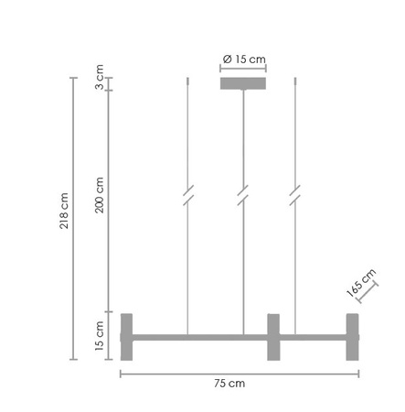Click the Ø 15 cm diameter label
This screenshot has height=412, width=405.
coord(244,60)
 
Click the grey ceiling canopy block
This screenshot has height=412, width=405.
coord(242,84)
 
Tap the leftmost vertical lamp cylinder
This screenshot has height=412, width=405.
coord(126,337)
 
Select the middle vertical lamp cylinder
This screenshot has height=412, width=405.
coord(272,337)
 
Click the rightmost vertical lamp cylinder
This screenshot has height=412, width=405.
coord(352,337)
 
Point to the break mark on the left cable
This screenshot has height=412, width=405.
coord(188,195)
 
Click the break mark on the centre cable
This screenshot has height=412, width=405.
coord(242,195)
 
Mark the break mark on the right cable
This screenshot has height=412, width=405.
coord(295,195)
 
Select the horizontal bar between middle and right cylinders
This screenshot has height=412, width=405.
coord(312,337)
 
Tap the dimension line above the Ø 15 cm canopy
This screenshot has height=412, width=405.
coord(242,70)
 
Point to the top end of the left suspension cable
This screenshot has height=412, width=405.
coord(188,80)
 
